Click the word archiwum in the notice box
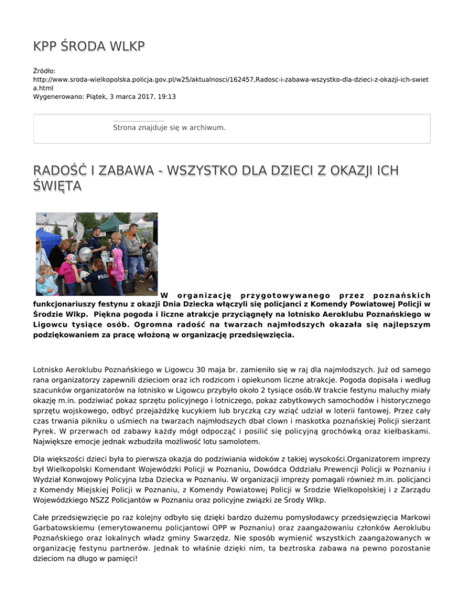[208, 127]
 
